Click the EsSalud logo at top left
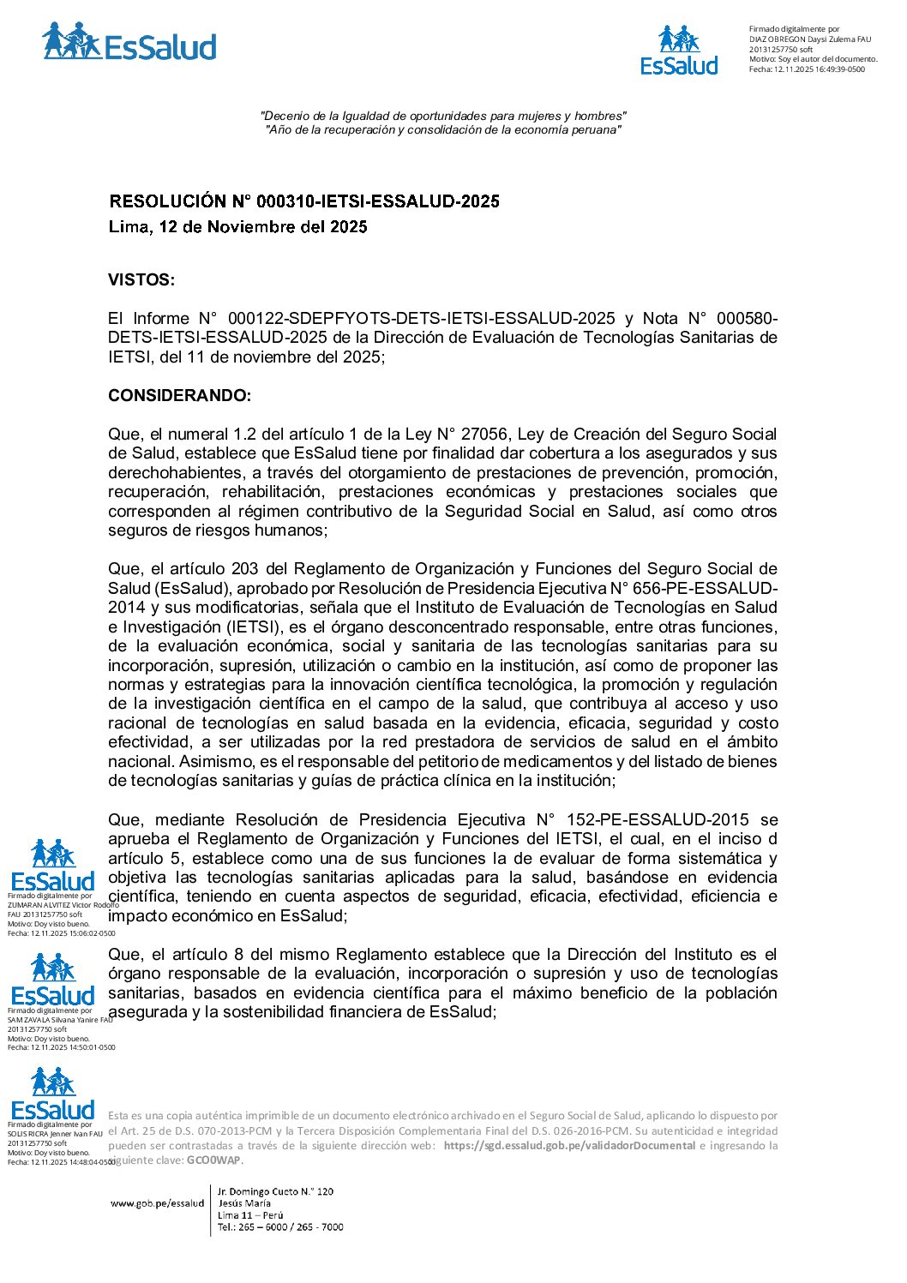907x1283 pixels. [x=129, y=43]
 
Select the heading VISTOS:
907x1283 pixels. [x=141, y=280]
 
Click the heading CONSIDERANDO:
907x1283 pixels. [x=179, y=396]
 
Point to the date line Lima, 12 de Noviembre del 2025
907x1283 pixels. [x=237, y=227]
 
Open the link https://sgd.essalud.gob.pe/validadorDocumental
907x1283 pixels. [x=569, y=1146]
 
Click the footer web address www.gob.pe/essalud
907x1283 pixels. [x=157, y=1203]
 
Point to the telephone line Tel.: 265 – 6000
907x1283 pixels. [x=280, y=1227]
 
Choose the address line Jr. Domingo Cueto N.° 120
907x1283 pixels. [x=275, y=1191]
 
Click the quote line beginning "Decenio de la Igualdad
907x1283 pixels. [x=443, y=116]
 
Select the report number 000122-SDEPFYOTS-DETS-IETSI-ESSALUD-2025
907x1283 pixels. [x=421, y=319]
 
